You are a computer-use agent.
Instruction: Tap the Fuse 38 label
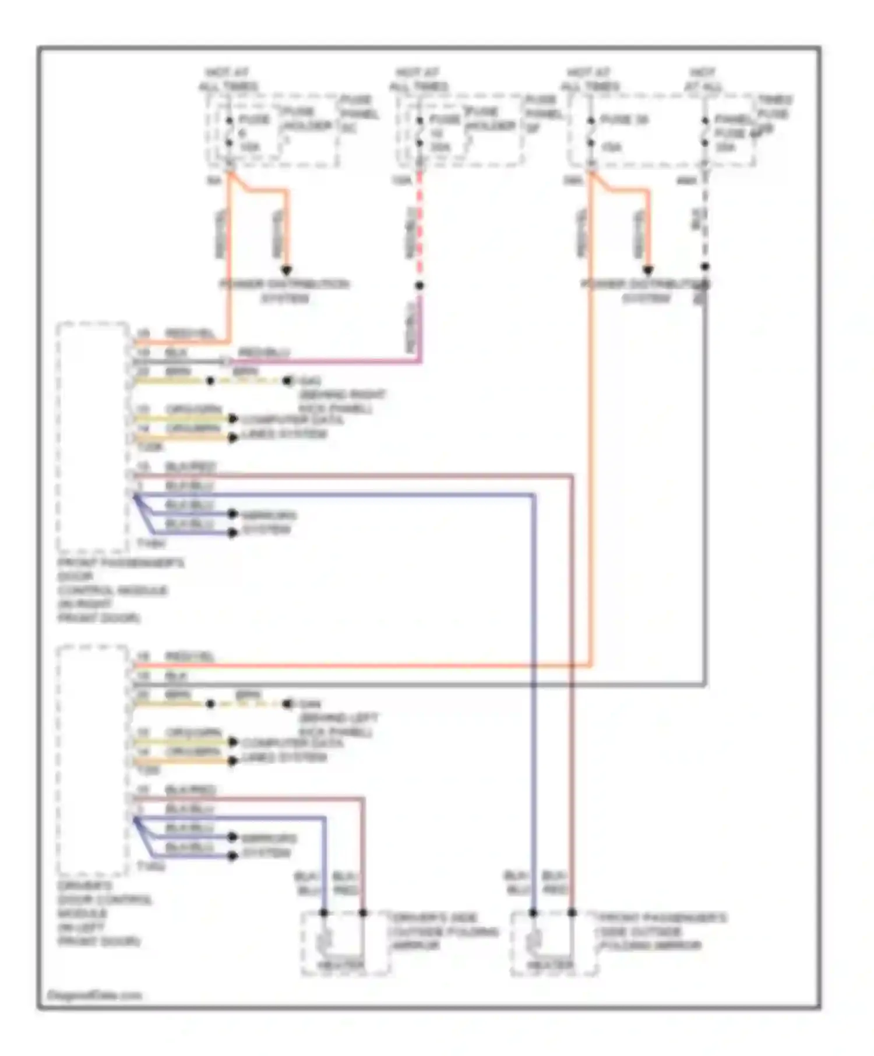point(623,119)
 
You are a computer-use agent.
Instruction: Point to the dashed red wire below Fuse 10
point(420,227)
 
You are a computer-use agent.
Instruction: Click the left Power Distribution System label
point(284,291)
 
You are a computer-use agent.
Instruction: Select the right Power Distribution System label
point(646,291)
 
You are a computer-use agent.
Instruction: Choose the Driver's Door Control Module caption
point(105,913)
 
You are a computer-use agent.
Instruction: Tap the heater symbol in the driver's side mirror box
point(325,939)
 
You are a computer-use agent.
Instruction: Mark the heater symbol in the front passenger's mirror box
point(534,939)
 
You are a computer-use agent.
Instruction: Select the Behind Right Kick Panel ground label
point(341,402)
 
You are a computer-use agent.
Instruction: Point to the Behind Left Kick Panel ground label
point(338,725)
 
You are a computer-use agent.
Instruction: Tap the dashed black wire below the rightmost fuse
point(705,221)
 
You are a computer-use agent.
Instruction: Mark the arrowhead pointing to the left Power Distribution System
point(286,270)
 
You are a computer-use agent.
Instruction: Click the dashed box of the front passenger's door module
point(92,437)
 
